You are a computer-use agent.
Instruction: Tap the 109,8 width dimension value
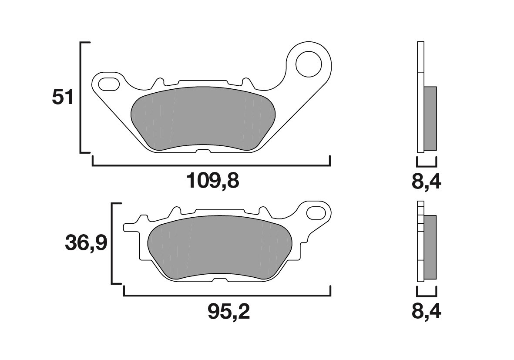(213, 181)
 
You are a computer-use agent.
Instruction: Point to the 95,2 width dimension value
(228, 311)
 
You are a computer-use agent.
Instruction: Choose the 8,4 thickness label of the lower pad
(426, 311)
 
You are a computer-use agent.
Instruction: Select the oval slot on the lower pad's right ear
(316, 213)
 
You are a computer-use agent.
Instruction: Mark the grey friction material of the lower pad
(220, 248)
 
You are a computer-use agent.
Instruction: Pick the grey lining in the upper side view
(430, 118)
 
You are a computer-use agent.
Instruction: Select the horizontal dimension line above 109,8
(211, 165)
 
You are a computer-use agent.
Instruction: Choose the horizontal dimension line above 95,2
(227, 296)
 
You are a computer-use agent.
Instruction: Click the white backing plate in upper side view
(420, 98)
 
